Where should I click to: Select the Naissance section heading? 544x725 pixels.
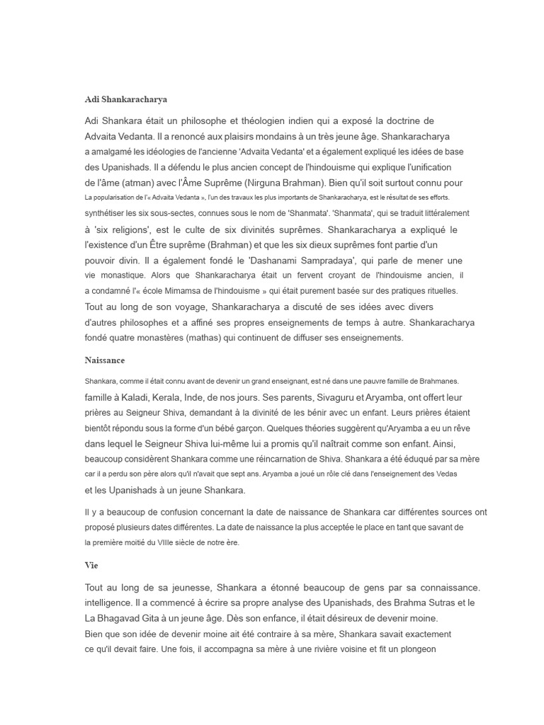click(x=105, y=360)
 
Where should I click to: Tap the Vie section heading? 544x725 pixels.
click(x=91, y=566)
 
